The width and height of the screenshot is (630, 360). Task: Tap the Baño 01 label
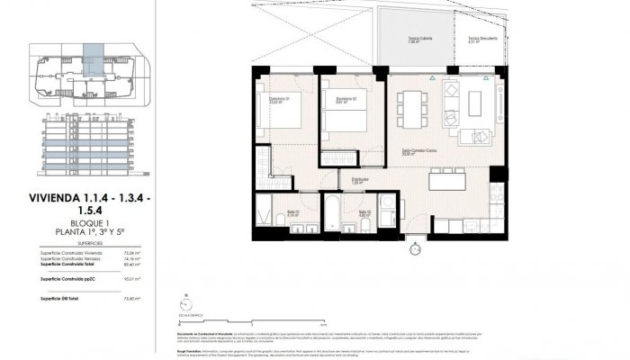(x=292, y=214)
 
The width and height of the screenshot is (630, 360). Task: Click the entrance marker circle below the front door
(x=414, y=240)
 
